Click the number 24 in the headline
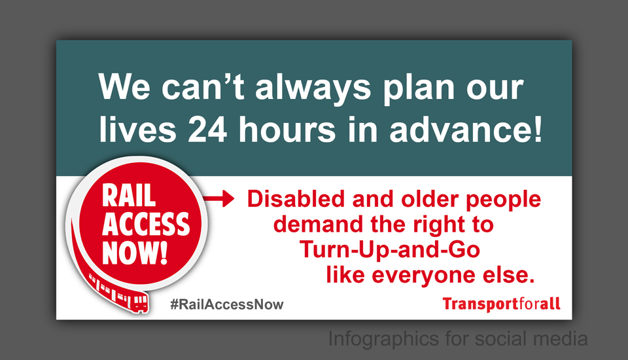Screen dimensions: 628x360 click(207, 130)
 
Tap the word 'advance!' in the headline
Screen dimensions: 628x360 click(466, 129)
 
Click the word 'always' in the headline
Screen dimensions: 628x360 click(313, 88)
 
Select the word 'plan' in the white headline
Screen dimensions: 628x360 click(419, 88)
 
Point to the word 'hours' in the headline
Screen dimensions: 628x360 click(287, 129)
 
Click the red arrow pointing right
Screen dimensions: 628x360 click(218, 198)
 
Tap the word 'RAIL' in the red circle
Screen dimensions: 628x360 click(129, 196)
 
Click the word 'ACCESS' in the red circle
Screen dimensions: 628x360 click(146, 224)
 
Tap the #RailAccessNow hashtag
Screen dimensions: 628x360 click(227, 304)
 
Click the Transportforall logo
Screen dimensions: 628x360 click(502, 304)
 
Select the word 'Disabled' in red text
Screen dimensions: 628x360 click(296, 199)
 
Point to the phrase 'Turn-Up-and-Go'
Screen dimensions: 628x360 click(390, 249)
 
